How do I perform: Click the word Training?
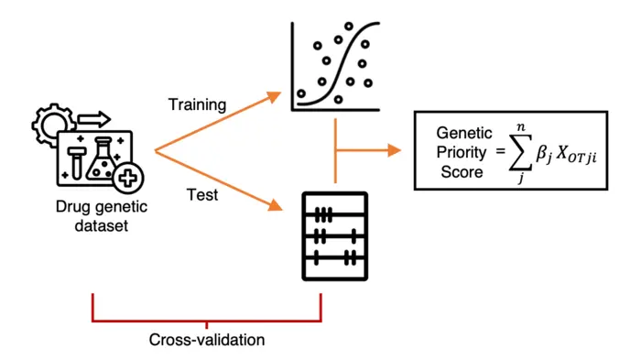tap(197, 104)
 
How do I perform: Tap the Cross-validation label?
tap(207, 340)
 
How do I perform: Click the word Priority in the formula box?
tap(464, 151)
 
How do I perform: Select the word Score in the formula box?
tap(463, 170)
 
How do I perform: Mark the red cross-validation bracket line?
tap(207, 321)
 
